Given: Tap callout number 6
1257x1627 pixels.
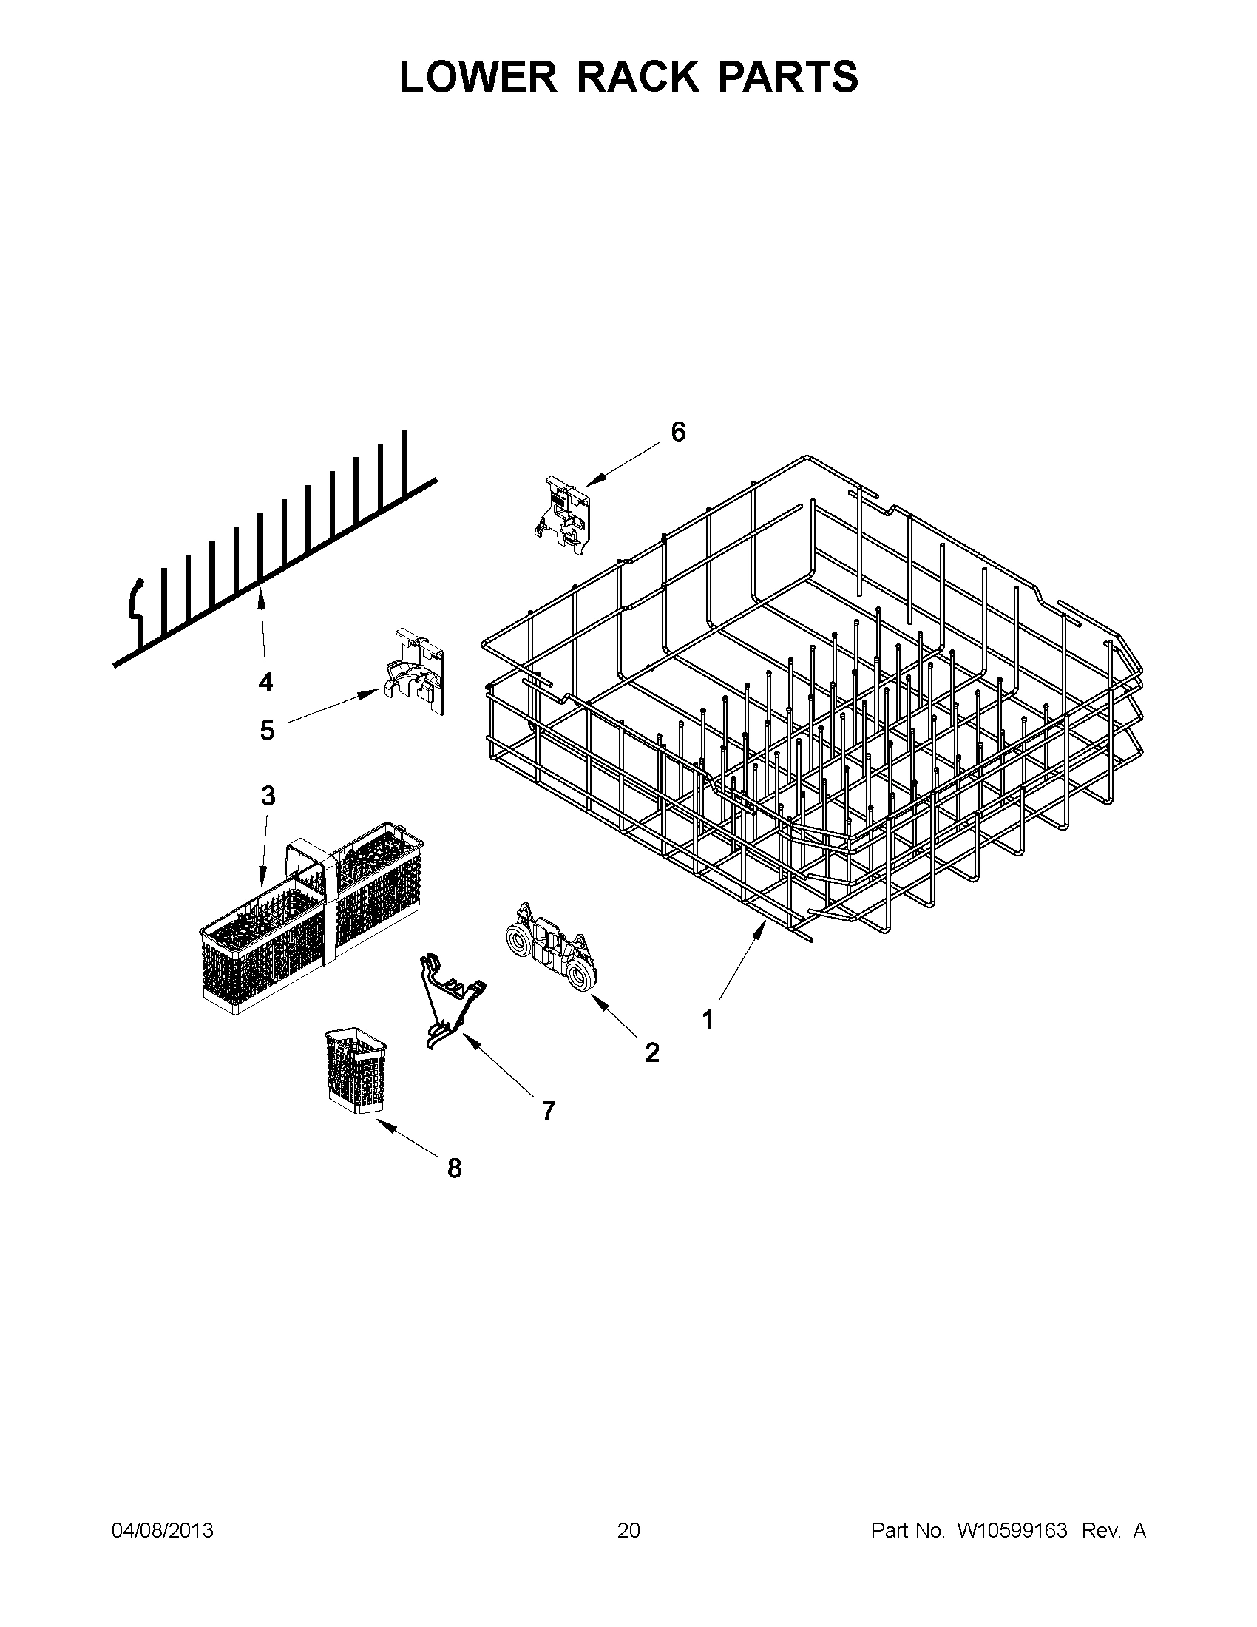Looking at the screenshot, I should pos(678,431).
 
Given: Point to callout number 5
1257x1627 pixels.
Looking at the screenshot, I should pos(267,730).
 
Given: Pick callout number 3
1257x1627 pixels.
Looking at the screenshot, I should pos(268,796).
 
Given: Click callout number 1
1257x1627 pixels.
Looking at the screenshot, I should pos(708,1019).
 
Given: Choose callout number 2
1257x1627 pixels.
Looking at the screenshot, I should pos(651,1052).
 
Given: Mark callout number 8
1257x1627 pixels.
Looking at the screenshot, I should pos(454,1168).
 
